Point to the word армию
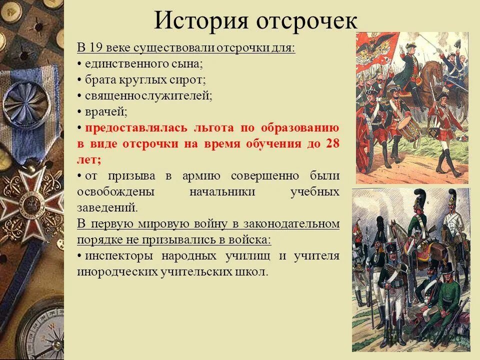pyautogui.click(x=204, y=176)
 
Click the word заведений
pyautogui.click(x=106, y=207)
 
